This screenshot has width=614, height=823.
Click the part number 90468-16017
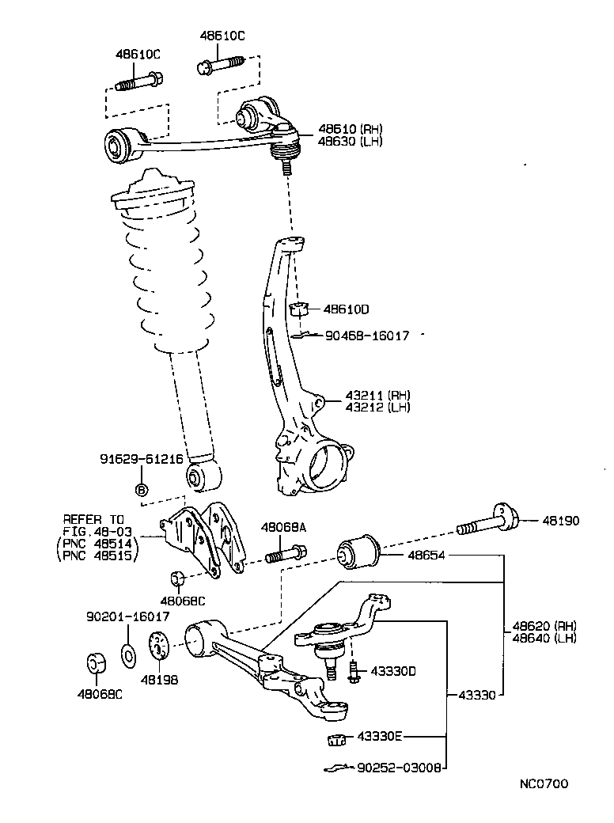(x=367, y=336)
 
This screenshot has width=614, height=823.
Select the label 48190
(x=560, y=521)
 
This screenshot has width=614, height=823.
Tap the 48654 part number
(x=426, y=556)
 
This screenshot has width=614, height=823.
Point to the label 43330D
(x=393, y=672)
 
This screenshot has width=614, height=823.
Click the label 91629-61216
(x=142, y=459)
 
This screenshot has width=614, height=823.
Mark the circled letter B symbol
(x=142, y=491)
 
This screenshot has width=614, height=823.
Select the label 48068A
(x=283, y=526)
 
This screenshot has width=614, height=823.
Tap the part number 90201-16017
(x=127, y=616)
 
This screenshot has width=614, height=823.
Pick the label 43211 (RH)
(x=377, y=395)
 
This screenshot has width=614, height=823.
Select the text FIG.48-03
(x=99, y=531)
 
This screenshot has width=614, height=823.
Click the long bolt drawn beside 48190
(x=486, y=523)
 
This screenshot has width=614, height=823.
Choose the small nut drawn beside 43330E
(x=335, y=740)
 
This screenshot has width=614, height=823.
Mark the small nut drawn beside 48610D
(x=298, y=308)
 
